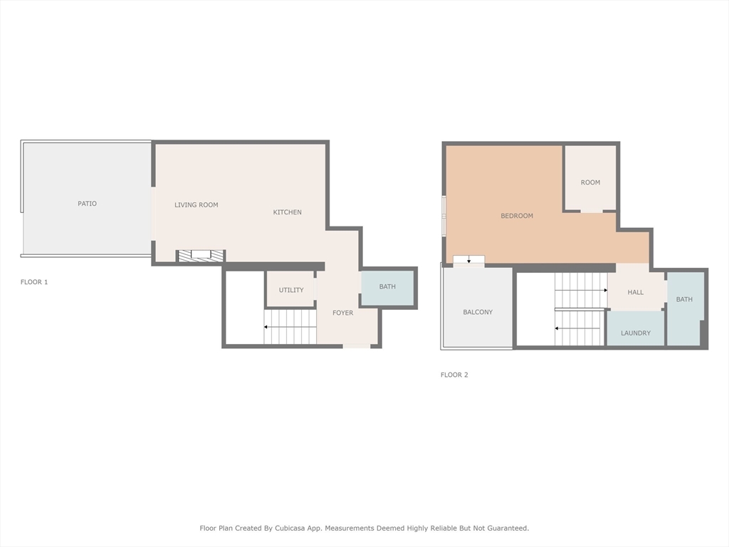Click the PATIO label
(87, 204)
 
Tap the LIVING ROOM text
(196, 205)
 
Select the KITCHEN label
(288, 212)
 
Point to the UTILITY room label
(291, 290)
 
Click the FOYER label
(342, 313)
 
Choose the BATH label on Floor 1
(387, 286)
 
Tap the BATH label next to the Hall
(684, 299)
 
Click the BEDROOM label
(517, 216)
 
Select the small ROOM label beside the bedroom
(590, 182)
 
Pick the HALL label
(636, 292)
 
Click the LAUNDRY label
(636, 333)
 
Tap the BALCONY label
(478, 312)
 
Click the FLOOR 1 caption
(34, 282)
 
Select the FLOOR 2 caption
(454, 375)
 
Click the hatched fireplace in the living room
(201, 255)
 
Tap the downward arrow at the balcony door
(468, 260)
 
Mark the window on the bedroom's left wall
(444, 215)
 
